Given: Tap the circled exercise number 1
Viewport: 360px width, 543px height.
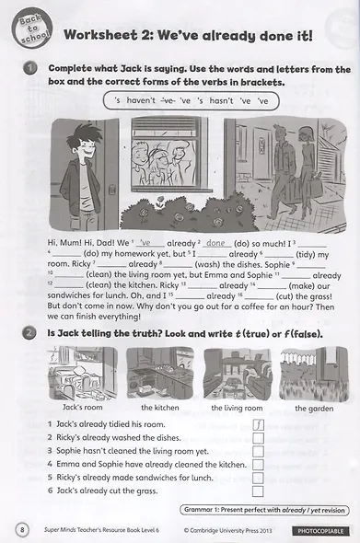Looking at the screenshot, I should [x=29, y=69].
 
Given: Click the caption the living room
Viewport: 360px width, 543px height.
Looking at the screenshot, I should [x=237, y=407].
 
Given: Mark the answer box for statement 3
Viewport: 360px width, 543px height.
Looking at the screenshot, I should [x=258, y=451].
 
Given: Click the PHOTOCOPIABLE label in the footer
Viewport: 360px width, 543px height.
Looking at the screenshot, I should [x=319, y=531].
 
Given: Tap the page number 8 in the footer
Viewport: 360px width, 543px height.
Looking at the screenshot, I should [x=22, y=529].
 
